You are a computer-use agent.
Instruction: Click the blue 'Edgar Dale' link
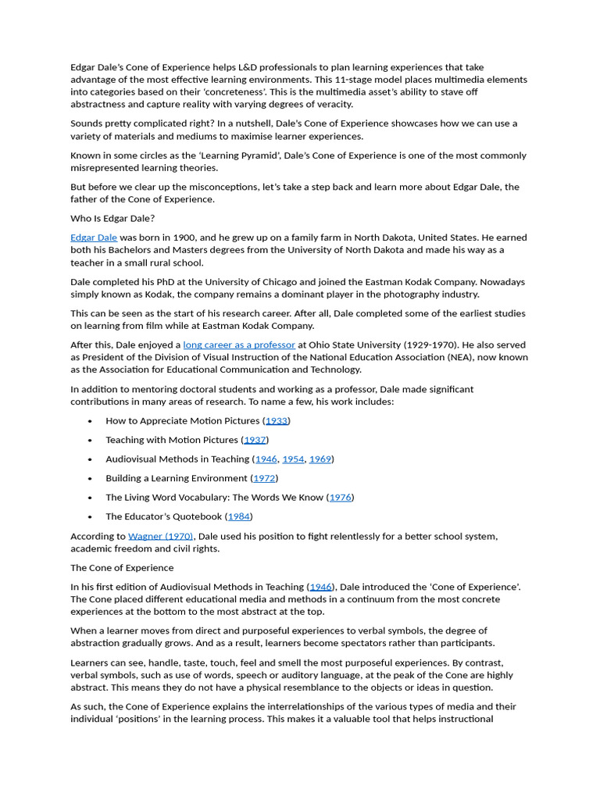(94, 237)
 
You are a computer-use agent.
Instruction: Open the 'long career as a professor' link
(239, 345)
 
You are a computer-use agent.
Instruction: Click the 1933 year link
(277, 420)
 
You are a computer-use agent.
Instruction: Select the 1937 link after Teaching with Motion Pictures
(255, 440)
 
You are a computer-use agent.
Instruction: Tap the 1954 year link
(293, 459)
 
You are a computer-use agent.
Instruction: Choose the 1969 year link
(320, 459)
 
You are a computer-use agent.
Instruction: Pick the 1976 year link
(340, 497)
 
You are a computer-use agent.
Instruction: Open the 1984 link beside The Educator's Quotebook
(239, 516)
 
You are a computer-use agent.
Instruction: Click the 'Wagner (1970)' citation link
(161, 536)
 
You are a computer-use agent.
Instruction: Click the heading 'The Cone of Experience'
(122, 568)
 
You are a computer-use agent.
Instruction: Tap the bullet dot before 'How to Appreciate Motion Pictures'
(91, 421)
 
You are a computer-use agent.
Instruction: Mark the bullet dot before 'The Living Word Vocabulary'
(91, 498)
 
